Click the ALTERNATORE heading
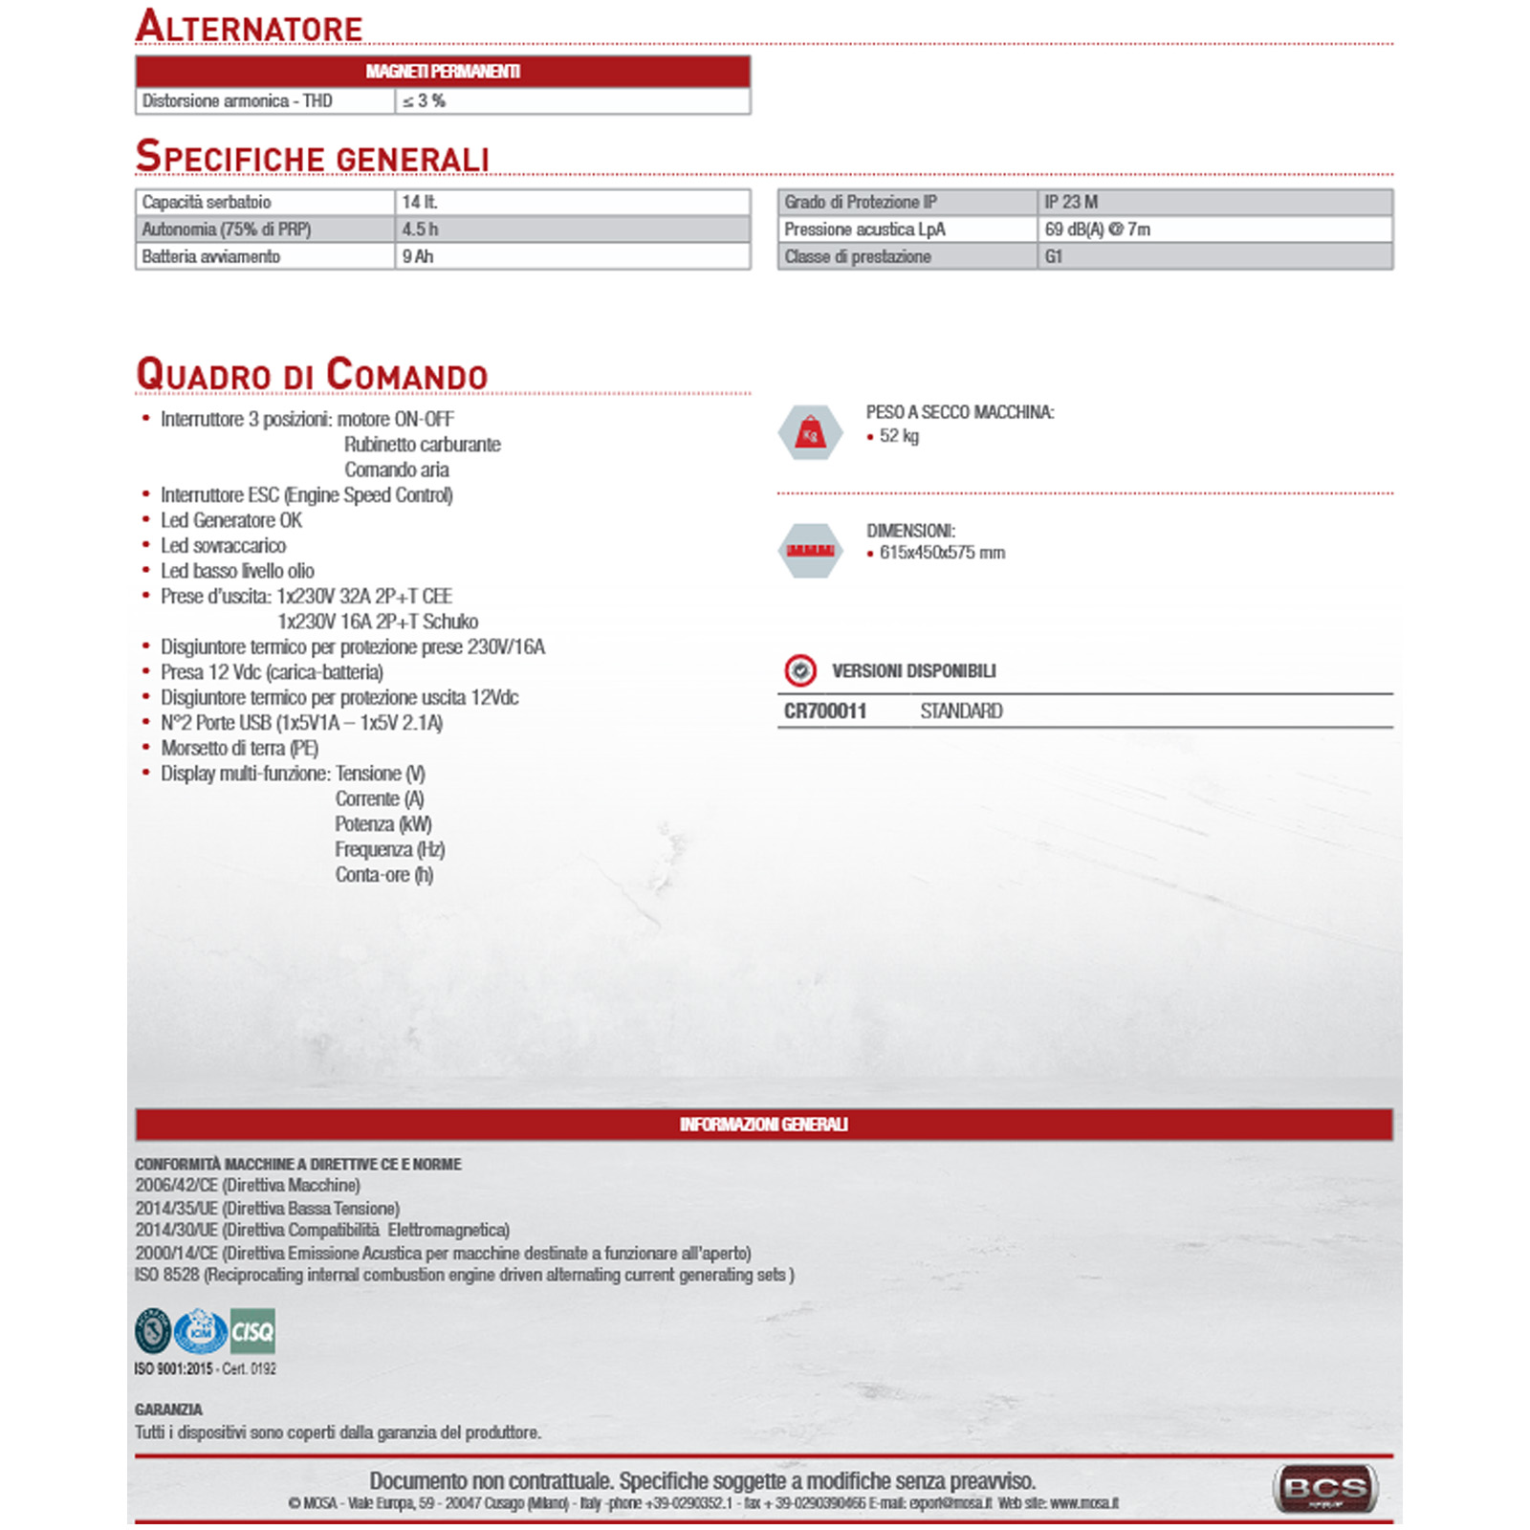point(250,26)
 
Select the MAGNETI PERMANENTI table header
point(443,72)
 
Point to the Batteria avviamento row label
point(211,256)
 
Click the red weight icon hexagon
point(810,433)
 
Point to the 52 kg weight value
point(899,436)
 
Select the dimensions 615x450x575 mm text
point(942,553)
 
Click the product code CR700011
point(825,710)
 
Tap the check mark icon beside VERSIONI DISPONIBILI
point(800,671)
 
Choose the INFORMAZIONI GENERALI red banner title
point(763,1125)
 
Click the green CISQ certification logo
point(252,1331)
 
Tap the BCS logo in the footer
point(1325,1489)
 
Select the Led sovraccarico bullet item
point(223,545)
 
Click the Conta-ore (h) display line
point(384,875)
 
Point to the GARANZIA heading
point(168,1410)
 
